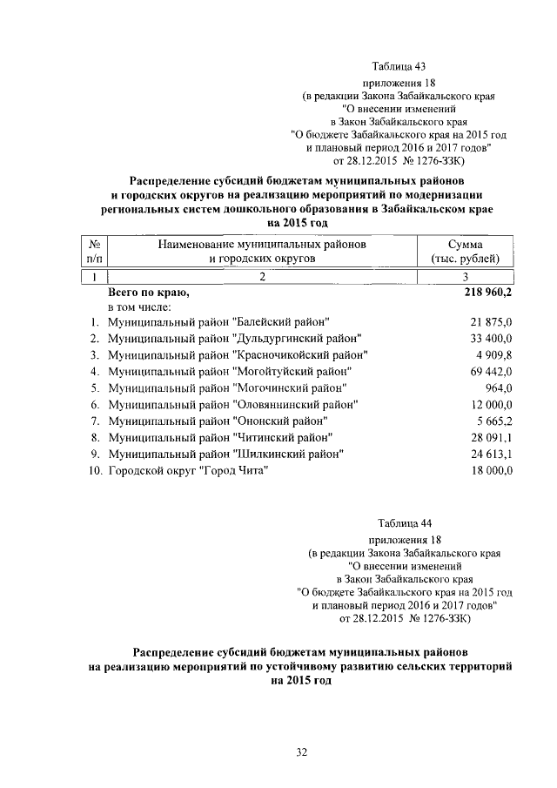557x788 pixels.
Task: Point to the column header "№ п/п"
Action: click(x=91, y=252)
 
